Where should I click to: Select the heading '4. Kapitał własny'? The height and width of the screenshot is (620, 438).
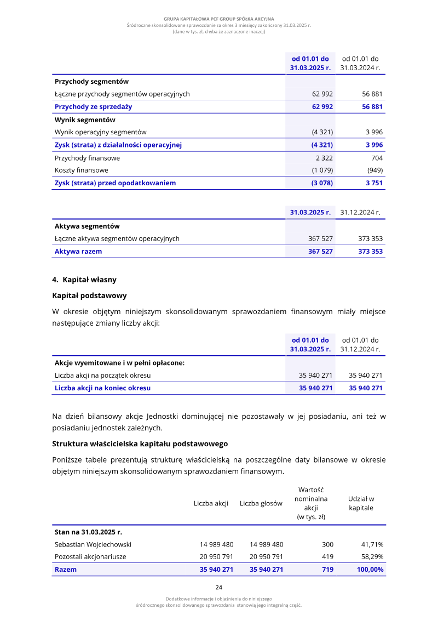[84, 280]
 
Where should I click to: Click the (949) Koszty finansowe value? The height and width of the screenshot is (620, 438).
[375, 170]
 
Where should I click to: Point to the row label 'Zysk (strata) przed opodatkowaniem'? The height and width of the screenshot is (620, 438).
[115, 183]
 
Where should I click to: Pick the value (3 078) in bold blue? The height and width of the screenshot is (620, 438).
[322, 183]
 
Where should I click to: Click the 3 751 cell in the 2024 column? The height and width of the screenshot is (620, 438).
[374, 183]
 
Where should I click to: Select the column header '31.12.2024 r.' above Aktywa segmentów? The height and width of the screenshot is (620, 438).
[360, 212]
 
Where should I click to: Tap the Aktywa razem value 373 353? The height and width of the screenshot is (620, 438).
[371, 252]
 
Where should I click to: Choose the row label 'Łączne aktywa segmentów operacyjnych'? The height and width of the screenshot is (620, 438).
[117, 238]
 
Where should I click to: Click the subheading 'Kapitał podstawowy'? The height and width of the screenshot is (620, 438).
[89, 295]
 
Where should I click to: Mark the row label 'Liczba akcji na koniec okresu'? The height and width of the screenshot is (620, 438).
[102, 388]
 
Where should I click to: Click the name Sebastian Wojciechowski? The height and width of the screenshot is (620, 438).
[93, 544]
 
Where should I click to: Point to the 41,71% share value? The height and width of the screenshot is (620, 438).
[372, 544]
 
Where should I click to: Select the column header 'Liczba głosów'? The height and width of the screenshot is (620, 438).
[261, 503]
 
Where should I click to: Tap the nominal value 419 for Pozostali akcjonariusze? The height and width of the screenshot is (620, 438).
[327, 556]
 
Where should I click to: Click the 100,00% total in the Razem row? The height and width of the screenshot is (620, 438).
[370, 570]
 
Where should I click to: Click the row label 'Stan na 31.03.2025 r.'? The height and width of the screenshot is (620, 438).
[88, 532]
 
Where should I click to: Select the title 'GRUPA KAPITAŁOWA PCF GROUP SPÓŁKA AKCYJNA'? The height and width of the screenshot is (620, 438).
[218, 19]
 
